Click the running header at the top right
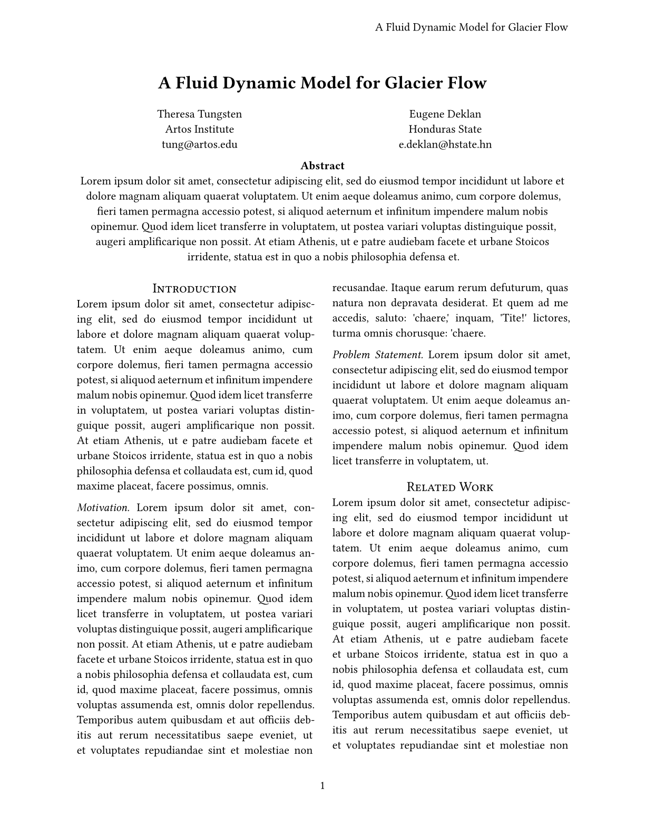click(471, 27)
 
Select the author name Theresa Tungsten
click(200, 114)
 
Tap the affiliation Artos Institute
click(200, 130)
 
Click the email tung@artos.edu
click(200, 145)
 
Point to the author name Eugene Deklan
click(445, 114)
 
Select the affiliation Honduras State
click(445, 130)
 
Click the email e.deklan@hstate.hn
click(445, 145)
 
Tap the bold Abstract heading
click(322, 166)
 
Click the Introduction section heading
click(194, 289)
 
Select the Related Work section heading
click(450, 487)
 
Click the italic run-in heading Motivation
click(103, 508)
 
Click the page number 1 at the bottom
click(322, 786)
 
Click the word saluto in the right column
click(390, 318)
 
